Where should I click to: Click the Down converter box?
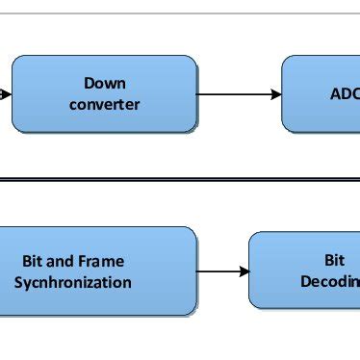tap(104, 93)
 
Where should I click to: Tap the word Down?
tap(104, 83)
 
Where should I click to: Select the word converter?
tap(104, 104)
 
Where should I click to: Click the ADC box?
tap(321, 93)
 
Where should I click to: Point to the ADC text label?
tap(344, 94)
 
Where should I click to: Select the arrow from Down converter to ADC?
tap(239, 94)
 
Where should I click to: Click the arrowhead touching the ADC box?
tap(275, 94)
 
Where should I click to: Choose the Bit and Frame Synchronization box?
tap(96, 271)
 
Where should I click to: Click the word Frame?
tap(100, 261)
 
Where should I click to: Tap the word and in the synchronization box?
tap(61, 261)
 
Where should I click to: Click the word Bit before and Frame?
tap(34, 261)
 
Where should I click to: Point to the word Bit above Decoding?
tap(333, 260)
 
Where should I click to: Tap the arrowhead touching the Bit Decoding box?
tap(243, 271)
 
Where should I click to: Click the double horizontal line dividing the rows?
tap(180, 180)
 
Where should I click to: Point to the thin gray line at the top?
tap(180, 13)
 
